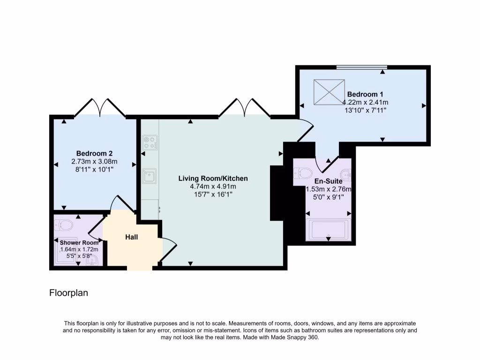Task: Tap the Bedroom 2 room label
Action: click(94, 153)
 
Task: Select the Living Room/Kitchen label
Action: click(213, 179)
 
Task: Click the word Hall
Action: click(131, 237)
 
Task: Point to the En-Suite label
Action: click(328, 181)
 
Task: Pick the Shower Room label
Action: click(79, 242)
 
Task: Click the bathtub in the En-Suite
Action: click(328, 230)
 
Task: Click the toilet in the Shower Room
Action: click(64, 226)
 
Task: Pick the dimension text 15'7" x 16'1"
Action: click(213, 195)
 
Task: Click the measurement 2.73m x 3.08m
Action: click(94, 161)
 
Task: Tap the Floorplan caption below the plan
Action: click(69, 293)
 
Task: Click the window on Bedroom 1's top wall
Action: click(361, 67)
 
